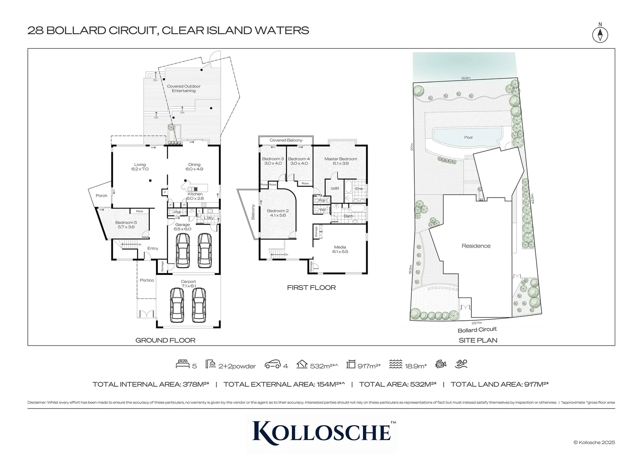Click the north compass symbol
(x=600, y=34)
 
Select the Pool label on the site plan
(x=468, y=137)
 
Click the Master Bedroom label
(x=340, y=159)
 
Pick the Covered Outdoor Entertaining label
(x=184, y=88)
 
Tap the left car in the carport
(x=177, y=304)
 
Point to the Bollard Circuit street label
(x=477, y=330)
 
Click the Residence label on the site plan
(x=476, y=246)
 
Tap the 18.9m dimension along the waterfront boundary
(x=465, y=78)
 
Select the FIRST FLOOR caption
(x=311, y=288)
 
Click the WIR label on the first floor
(x=335, y=189)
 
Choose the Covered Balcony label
(x=286, y=140)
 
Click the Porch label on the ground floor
(x=101, y=195)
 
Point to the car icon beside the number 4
(x=273, y=364)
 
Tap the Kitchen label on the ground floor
(x=195, y=194)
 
